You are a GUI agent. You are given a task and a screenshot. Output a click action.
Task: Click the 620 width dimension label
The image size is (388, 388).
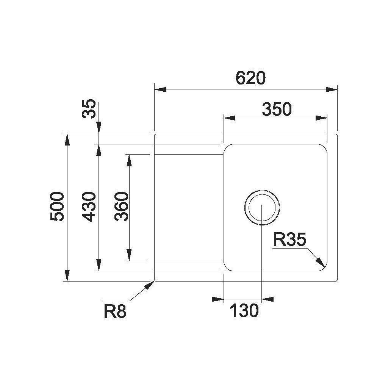coord(250,78)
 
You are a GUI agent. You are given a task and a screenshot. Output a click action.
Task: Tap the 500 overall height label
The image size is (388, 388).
coord(57,207)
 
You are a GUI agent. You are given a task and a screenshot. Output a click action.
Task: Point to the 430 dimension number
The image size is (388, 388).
coord(89,207)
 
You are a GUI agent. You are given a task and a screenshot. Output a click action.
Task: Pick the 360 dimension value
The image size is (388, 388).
coord(122,207)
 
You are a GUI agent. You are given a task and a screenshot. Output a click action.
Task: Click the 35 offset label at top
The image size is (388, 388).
coord(89,109)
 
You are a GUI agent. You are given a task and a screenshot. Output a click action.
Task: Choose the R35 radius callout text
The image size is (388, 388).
coord(290,239)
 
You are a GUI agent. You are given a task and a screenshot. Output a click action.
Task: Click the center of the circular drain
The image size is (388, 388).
coord(262,207)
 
